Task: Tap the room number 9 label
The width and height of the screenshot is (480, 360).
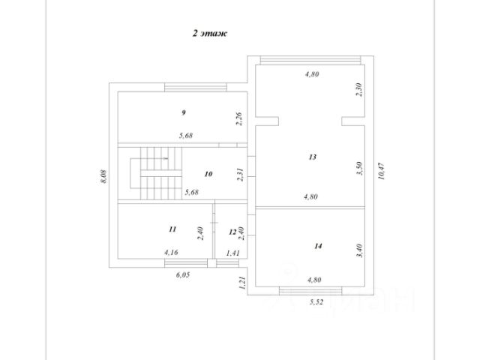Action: (183, 112)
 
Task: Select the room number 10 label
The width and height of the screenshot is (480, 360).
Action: (208, 174)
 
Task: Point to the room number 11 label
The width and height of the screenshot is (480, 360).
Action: (172, 229)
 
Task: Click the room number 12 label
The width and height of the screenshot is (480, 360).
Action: (232, 232)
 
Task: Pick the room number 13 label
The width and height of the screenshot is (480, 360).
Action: (313, 157)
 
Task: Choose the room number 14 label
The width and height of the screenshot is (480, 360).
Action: (318, 245)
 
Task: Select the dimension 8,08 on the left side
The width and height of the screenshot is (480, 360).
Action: (103, 177)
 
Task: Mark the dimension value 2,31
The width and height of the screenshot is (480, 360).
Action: (238, 175)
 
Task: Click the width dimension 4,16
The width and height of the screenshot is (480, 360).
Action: (171, 253)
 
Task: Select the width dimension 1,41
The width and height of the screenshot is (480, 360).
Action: (233, 253)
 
